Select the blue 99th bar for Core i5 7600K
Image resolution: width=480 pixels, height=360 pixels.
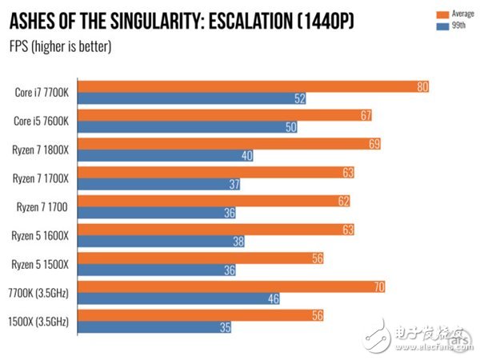pos(184,127)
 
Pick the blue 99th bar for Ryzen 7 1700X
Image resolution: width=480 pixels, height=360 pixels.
pos(160,185)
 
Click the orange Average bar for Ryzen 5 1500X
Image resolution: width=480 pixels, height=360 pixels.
pos(200,258)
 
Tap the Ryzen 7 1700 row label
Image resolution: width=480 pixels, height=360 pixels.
pos(48,206)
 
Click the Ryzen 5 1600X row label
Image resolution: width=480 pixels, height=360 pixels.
pos(45,235)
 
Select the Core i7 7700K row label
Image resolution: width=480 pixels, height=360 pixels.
pos(45,92)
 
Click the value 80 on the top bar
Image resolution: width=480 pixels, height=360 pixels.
pos(423,86)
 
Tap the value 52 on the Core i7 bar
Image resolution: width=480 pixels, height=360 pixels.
pos(300,99)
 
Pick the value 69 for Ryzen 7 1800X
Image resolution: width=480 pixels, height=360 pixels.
pos(374,144)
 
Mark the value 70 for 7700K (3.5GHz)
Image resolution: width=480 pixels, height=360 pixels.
pos(378,286)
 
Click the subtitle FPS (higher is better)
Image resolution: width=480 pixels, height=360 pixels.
pos(60,45)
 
